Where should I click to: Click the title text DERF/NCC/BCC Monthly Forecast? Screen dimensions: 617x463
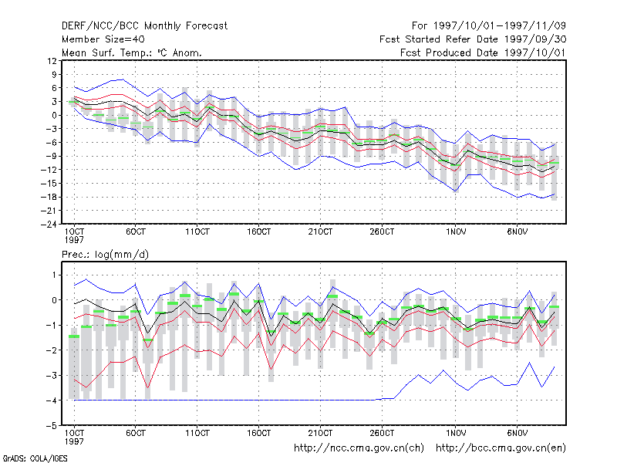pyautogui.click(x=144, y=26)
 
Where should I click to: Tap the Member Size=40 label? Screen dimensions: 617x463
pyautogui.click(x=103, y=39)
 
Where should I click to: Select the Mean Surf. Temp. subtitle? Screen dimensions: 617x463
pyautogui.click(x=131, y=52)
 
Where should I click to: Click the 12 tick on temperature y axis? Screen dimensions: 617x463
pyautogui.click(x=52, y=61)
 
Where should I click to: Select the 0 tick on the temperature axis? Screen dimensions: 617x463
pyautogui.click(x=54, y=115)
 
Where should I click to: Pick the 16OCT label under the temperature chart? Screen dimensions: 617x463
pyautogui.click(x=258, y=231)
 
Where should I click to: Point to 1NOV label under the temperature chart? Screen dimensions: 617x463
pyautogui.click(x=456, y=231)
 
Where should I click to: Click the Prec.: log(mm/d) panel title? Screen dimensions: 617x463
pyautogui.click(x=105, y=255)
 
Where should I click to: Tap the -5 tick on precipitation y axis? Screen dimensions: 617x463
pyautogui.click(x=52, y=426)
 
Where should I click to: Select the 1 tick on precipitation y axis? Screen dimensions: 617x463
pyautogui.click(x=54, y=275)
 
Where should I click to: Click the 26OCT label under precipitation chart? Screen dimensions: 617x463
pyautogui.click(x=382, y=433)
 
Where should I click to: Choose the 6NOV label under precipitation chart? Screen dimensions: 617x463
pyautogui.click(x=517, y=433)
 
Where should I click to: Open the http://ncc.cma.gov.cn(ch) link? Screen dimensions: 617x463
pyautogui.click(x=359, y=448)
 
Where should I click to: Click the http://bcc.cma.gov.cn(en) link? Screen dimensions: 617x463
pyautogui.click(x=501, y=448)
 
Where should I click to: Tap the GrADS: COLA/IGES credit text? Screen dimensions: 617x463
pyautogui.click(x=35, y=458)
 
